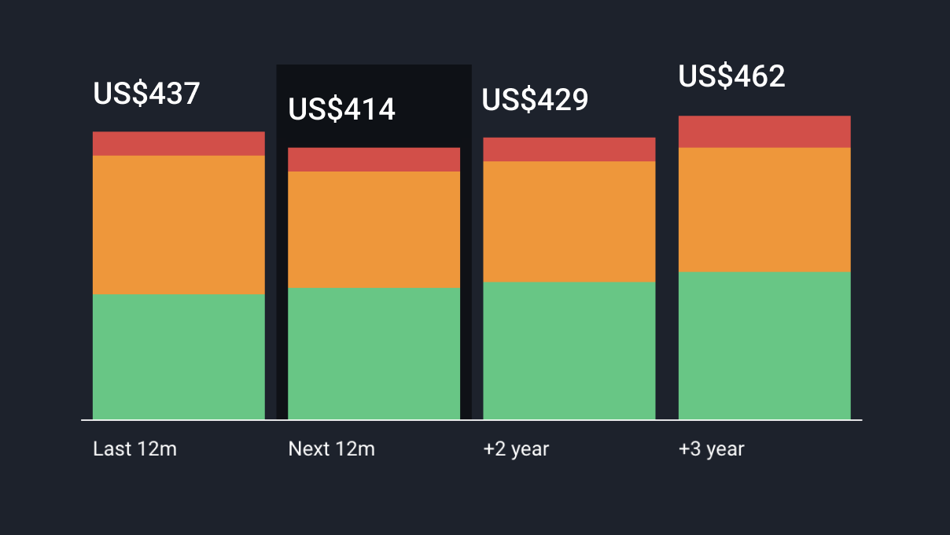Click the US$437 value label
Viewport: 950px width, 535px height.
tap(146, 94)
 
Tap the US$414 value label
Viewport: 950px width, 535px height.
tap(341, 109)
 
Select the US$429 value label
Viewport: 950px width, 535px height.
tap(535, 100)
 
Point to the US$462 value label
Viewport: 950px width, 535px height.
tap(731, 76)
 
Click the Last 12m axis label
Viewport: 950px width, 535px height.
tap(134, 449)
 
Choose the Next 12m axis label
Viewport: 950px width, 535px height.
tap(331, 449)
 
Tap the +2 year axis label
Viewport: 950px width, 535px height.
tap(516, 449)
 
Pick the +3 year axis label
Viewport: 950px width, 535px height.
tap(711, 449)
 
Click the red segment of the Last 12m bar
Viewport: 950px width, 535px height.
tap(179, 144)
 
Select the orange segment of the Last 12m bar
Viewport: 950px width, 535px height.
tap(179, 225)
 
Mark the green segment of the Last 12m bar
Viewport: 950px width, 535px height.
tap(179, 356)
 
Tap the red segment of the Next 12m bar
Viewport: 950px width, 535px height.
tap(374, 160)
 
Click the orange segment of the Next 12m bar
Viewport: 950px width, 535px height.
tap(374, 230)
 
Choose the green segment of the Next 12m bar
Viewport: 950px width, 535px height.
tap(374, 353)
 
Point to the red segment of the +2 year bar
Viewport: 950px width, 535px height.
tap(569, 149)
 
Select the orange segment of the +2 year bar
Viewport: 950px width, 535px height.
tap(569, 222)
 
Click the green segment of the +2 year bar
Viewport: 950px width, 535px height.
tap(569, 350)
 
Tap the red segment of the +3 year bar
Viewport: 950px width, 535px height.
tap(764, 132)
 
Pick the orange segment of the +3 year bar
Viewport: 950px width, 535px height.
tap(764, 210)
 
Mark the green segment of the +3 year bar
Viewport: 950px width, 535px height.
tap(764, 345)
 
